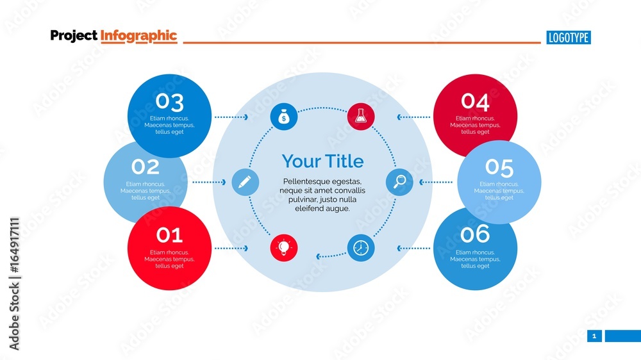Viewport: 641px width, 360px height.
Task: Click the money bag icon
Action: point(283,117)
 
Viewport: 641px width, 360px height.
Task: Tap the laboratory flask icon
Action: point(361,116)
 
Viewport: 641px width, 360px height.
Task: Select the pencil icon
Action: point(245,182)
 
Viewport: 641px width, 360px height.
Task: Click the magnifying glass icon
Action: point(399,182)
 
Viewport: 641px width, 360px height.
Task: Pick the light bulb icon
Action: point(283,247)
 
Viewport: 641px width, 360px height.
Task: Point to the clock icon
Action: point(361,248)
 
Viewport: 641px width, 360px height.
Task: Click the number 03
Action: point(169,102)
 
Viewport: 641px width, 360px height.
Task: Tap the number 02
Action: point(146,167)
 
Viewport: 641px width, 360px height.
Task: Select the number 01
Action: point(169,235)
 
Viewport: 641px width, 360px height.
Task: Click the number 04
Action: point(475,102)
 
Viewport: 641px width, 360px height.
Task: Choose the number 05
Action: point(499,167)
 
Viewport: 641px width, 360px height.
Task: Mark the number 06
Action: point(475,234)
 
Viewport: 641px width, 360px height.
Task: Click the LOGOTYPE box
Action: point(569,38)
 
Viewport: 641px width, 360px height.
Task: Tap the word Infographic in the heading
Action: point(138,36)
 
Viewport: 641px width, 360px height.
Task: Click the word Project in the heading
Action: point(74,36)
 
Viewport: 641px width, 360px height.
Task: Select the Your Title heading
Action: point(322,161)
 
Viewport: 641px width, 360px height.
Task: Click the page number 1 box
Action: point(594,336)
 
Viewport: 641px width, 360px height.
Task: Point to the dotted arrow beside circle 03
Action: point(231,117)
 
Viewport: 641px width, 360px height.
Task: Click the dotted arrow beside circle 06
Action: point(414,248)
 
